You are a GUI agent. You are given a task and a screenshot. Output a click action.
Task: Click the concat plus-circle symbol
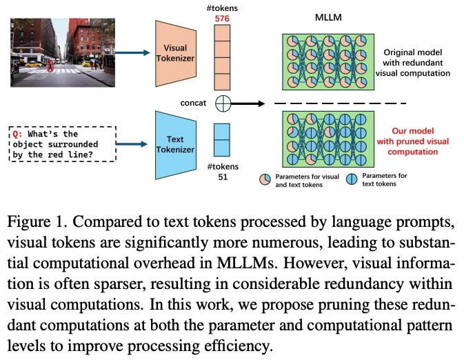[x=223, y=104]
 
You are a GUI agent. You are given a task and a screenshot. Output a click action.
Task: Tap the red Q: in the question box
[x=18, y=134]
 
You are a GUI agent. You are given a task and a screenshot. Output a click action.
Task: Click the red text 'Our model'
[x=413, y=132]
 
